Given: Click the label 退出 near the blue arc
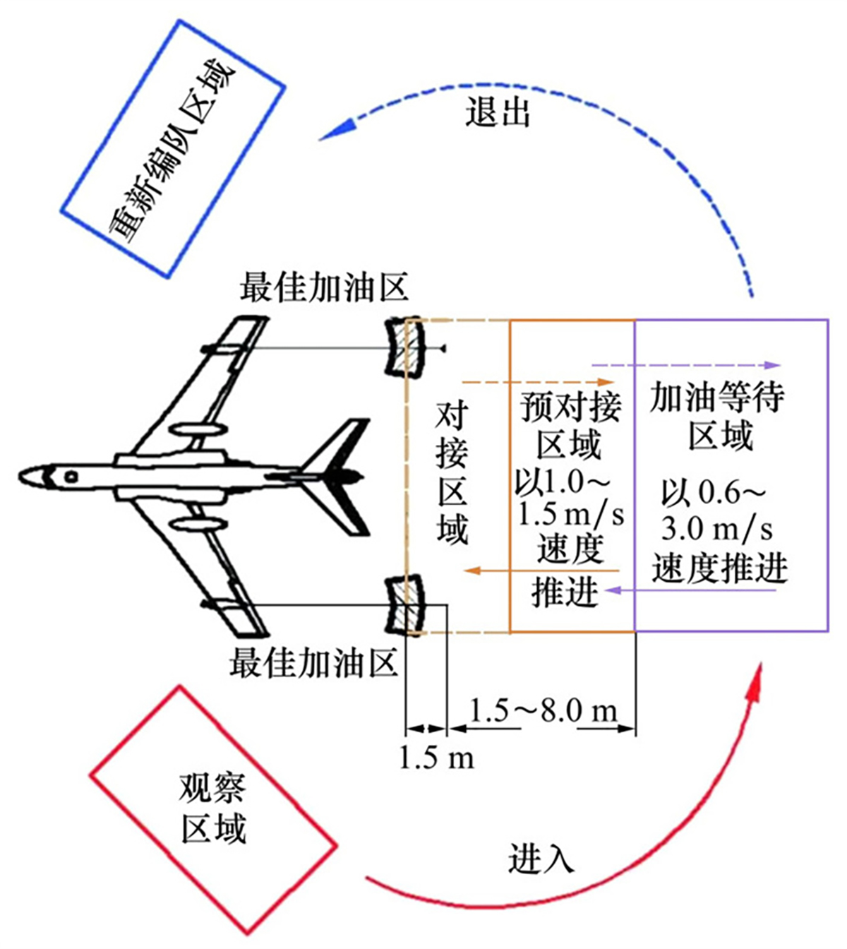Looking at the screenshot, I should coord(498,112).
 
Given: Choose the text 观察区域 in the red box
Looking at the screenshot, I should coord(212,809).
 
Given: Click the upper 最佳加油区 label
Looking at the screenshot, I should coord(324,287).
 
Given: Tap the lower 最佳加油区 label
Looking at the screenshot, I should coord(314,664).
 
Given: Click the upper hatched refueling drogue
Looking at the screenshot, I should coord(407,347).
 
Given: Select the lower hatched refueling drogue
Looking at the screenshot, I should coord(407,605).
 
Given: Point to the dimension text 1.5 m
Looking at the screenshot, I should coord(437,758).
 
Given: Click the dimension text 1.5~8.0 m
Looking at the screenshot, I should coord(543,710).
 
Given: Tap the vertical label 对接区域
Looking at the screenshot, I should coord(451,474).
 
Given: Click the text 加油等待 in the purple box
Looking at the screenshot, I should coord(716,398).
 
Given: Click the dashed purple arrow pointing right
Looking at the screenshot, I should coord(685,365).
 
